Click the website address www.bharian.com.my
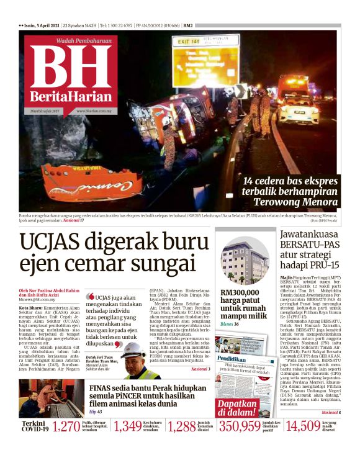[94, 111]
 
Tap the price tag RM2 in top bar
[188, 25]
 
